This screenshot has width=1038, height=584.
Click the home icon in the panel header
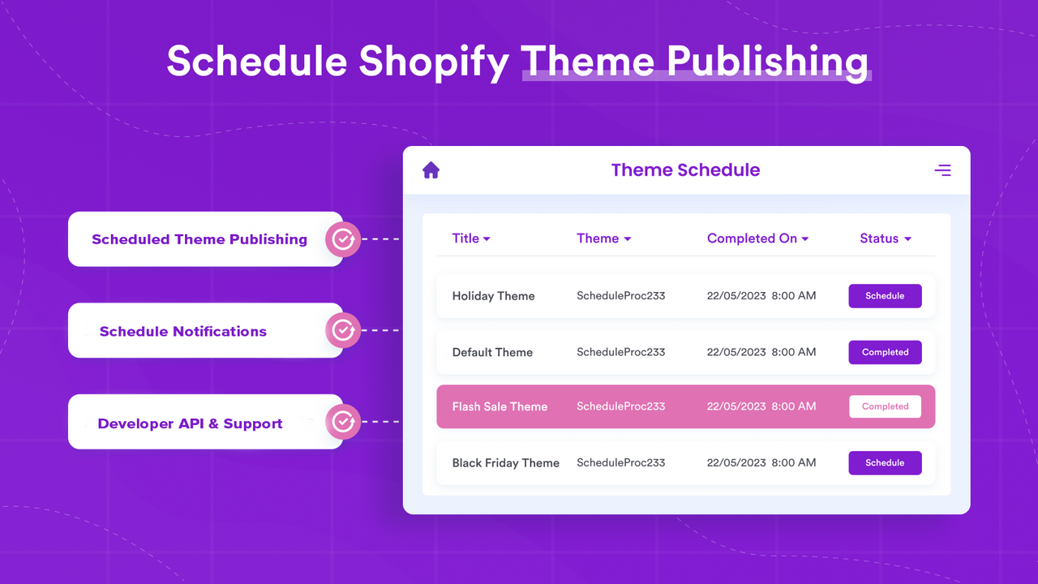point(431,170)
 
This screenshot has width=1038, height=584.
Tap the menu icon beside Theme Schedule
point(942,170)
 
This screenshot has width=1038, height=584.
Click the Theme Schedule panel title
point(685,170)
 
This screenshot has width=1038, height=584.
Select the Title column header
point(471,238)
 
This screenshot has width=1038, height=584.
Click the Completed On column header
point(757,238)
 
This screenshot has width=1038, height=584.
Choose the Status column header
point(885,238)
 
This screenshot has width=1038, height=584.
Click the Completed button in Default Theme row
point(885,352)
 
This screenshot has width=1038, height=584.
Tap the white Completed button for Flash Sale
point(885,406)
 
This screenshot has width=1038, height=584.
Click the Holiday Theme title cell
point(493,296)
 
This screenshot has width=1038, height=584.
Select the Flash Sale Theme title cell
point(500,406)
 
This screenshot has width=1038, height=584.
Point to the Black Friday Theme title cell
point(505,463)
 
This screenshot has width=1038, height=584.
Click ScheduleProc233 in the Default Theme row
point(620,352)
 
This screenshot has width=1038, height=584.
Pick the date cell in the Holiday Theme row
point(761,296)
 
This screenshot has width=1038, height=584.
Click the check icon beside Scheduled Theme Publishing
point(343,239)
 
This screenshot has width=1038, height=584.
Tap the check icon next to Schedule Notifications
point(343,330)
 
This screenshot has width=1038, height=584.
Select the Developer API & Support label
point(190,423)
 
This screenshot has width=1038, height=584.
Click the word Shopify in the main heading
point(434,62)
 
